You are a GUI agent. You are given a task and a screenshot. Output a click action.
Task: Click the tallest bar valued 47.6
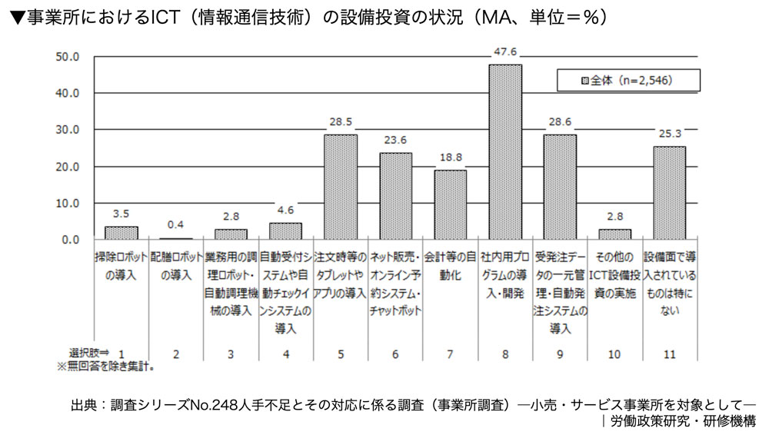point(505,151)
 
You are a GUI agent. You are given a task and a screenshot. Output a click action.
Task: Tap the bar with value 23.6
point(395,196)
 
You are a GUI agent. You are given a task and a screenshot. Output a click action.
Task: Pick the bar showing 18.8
point(450,204)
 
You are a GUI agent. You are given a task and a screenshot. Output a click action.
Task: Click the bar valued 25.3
point(670,193)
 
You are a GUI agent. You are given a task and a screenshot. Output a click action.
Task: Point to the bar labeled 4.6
point(285,231)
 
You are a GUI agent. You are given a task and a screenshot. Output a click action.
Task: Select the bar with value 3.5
point(121,232)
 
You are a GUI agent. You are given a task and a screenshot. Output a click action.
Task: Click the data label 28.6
point(560,123)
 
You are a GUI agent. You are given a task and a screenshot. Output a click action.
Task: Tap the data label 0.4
point(176,224)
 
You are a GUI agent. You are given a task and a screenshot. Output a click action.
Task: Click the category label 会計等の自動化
point(450,264)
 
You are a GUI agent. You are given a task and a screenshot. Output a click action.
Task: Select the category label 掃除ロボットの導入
point(121,264)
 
